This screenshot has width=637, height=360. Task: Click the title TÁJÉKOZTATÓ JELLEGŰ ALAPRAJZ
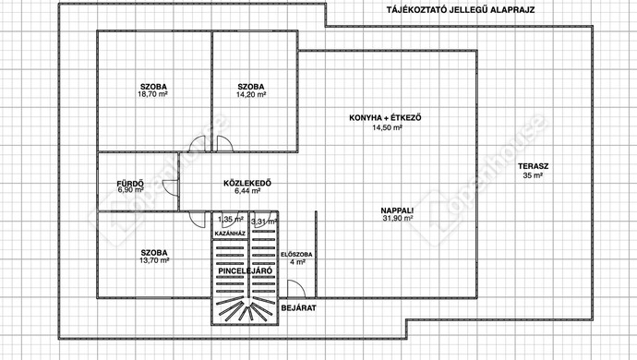(x=461, y=10)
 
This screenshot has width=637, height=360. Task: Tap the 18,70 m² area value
(x=152, y=94)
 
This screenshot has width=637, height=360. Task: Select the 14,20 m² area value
(x=251, y=95)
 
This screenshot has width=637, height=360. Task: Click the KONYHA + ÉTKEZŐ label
(x=385, y=118)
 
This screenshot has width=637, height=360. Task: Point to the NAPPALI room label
(x=397, y=210)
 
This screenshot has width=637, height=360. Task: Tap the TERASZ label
(x=533, y=166)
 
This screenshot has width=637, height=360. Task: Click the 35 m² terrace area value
(x=533, y=176)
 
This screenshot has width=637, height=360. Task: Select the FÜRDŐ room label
(x=130, y=184)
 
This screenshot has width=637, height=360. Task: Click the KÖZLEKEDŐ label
(x=247, y=184)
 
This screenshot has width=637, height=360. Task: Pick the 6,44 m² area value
(x=247, y=190)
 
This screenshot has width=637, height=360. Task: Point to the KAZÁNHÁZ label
(x=230, y=234)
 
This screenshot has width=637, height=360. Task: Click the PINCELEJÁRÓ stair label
(x=245, y=271)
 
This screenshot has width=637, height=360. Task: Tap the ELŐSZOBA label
(x=296, y=255)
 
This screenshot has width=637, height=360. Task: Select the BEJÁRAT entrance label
(x=298, y=308)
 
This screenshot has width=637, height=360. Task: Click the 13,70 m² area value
(x=154, y=260)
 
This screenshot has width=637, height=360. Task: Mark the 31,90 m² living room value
(x=398, y=218)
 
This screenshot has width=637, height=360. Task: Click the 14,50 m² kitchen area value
(x=387, y=127)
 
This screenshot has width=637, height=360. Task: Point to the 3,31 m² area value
(x=264, y=222)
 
